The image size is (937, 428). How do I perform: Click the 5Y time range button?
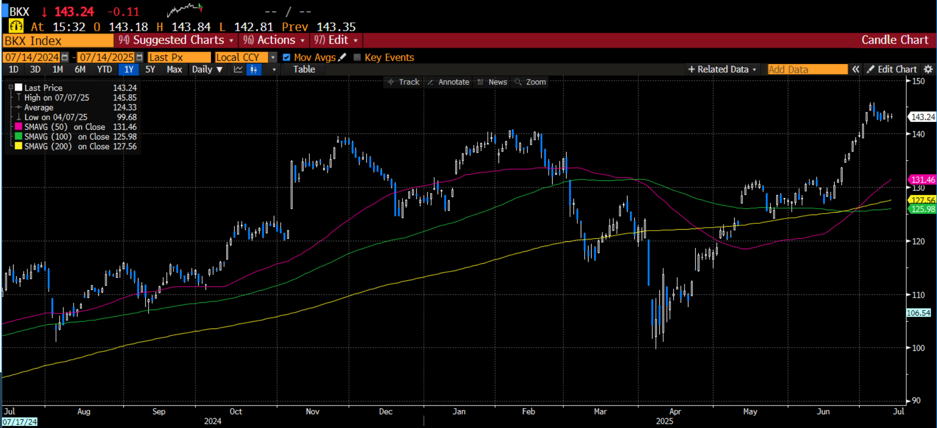coord(150,70)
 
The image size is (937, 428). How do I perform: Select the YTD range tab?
coord(104,70)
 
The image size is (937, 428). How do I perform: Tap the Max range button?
coord(174,70)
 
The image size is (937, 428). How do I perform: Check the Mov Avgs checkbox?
coord(287,58)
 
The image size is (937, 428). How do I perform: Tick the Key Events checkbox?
coord(357,58)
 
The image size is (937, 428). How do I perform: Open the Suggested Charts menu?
coord(176,40)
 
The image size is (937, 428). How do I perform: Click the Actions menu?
coord(274,40)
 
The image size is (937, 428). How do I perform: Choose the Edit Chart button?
coord(892,70)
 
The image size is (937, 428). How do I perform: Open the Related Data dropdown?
coord(722,70)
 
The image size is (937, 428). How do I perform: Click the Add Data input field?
coord(807,70)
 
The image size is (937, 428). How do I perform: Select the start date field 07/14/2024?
coord(32,58)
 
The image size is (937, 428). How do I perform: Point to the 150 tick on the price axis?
coord(918,81)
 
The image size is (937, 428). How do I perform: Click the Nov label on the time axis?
coord(312,411)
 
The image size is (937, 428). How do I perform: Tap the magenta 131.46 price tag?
coord(922,180)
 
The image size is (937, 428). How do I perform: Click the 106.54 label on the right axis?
coord(918,313)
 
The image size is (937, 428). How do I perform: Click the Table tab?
coord(304,70)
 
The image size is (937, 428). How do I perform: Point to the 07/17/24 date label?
coord(19,422)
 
